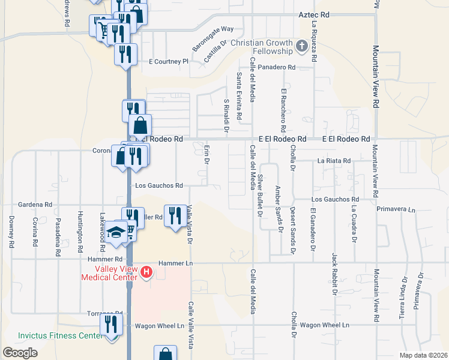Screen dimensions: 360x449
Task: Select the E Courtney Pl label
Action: click(169, 61)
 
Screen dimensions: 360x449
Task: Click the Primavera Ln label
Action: click(396, 209)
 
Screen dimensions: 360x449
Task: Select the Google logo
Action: click(20, 353)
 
